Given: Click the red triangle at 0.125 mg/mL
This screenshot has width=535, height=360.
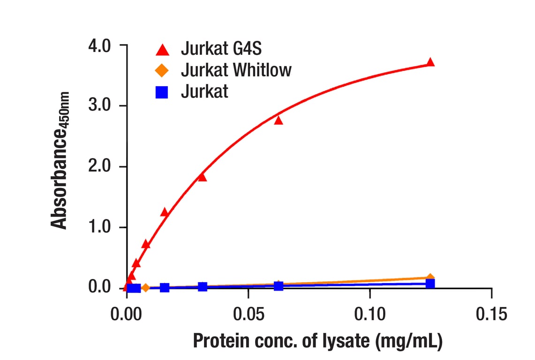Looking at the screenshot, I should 430,62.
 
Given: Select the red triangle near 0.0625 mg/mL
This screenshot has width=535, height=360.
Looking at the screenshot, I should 279,120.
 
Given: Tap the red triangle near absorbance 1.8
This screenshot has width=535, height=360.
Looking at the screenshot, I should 202,177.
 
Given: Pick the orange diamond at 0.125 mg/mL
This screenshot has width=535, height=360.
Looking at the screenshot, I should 430,278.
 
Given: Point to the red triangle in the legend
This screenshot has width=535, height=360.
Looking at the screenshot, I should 162,49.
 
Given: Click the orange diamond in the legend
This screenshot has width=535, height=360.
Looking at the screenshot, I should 162,71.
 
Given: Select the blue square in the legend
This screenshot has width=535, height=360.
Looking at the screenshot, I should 162,92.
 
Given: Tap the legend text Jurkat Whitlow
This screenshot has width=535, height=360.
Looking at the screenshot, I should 236,70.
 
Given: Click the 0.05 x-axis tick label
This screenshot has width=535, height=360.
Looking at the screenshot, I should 248,314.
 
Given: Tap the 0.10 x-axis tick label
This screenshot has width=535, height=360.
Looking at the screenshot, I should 369,314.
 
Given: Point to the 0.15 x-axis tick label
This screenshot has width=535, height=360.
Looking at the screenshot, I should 491,314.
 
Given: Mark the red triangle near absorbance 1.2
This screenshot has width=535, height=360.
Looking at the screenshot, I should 165,212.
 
